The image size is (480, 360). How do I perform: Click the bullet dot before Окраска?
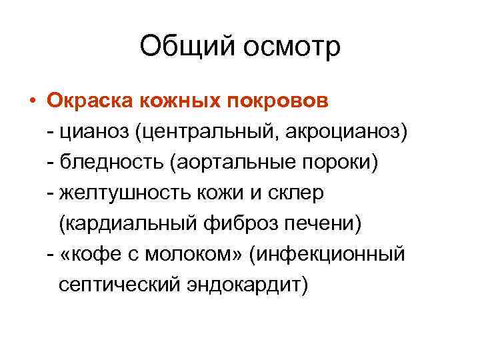click(31, 102)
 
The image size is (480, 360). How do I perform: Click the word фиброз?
click(233, 224)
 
